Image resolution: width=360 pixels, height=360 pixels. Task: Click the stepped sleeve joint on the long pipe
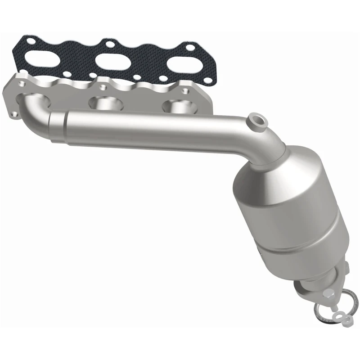(56, 127)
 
